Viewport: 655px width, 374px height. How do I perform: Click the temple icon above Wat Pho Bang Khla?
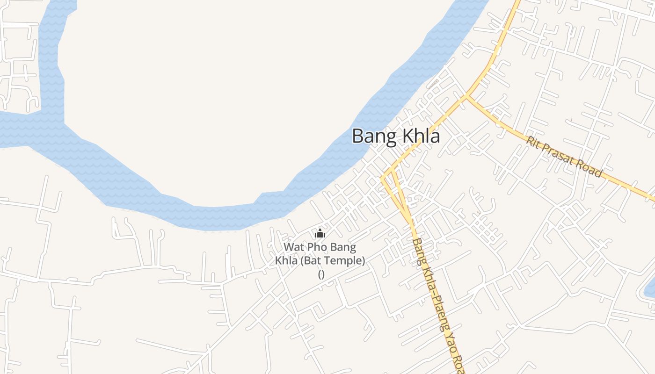pyautogui.click(x=320, y=233)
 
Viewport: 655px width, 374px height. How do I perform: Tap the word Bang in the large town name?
pyautogui.click(x=371, y=136)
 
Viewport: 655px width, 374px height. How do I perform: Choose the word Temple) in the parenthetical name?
pyautogui.click(x=345, y=260)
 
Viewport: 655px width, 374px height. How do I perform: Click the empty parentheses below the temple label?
pyautogui.click(x=321, y=274)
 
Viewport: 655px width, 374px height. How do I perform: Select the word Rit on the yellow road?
pyautogui.click(x=532, y=141)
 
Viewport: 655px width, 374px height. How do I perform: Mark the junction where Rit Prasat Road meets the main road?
pyautogui.click(x=466, y=96)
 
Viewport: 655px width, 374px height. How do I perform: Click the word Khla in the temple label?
pyautogui.click(x=286, y=260)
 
